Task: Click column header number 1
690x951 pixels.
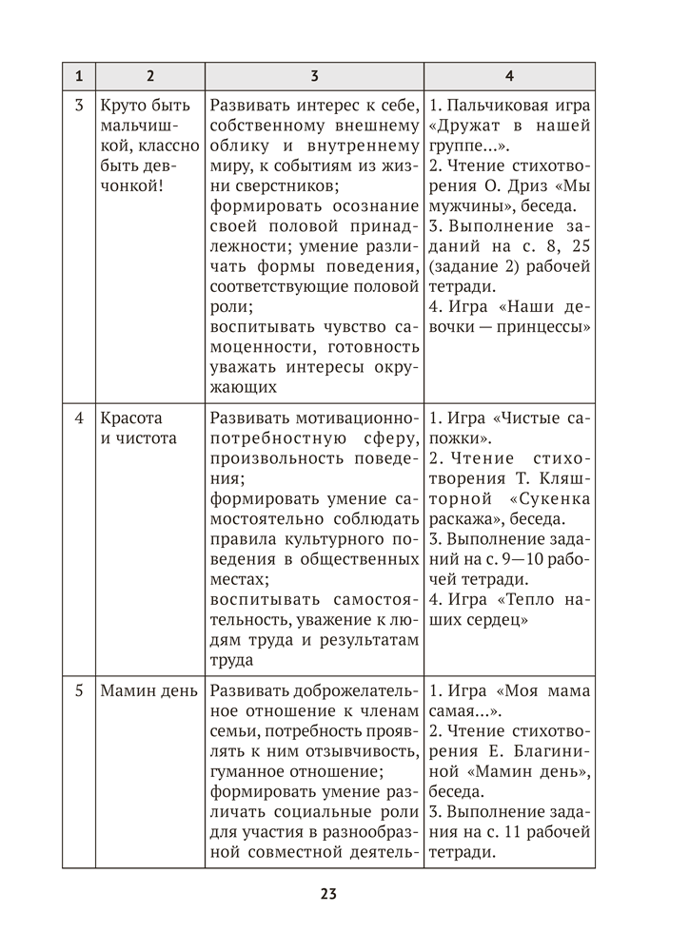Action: point(79,75)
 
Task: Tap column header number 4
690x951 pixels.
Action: point(509,75)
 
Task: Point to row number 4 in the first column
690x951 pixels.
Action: point(79,418)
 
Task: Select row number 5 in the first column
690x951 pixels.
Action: point(79,690)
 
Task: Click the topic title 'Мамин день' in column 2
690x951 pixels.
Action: point(148,690)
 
